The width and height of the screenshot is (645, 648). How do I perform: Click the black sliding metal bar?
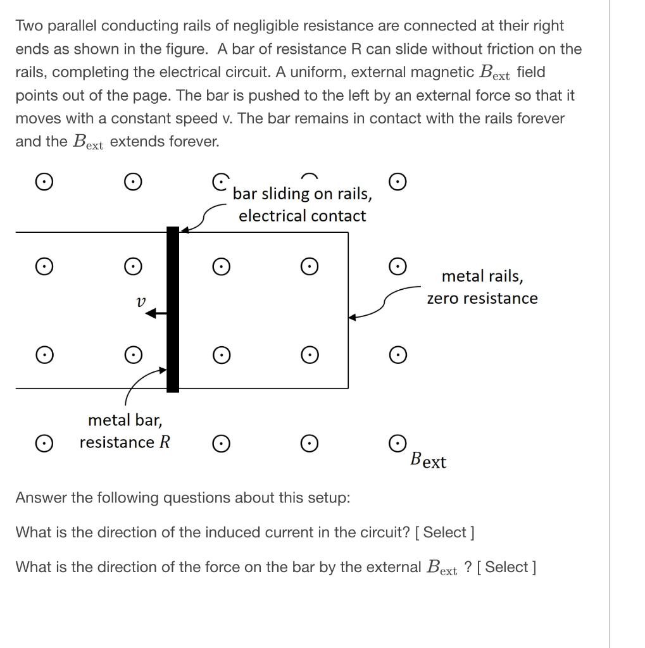172,309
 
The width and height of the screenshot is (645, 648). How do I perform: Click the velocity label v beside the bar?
141,302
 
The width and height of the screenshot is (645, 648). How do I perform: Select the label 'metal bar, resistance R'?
125,431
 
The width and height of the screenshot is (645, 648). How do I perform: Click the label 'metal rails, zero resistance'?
482,287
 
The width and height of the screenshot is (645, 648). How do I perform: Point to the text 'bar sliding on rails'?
302,194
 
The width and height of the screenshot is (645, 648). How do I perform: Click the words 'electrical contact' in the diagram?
302,216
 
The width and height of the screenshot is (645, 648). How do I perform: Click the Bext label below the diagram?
428,460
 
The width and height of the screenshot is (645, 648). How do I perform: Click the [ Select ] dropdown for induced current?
444,532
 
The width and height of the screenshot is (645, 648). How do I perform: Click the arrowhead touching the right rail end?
353,316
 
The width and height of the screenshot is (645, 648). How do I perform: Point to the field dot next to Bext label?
397,442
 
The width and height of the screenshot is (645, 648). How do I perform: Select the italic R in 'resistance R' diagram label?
164,442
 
